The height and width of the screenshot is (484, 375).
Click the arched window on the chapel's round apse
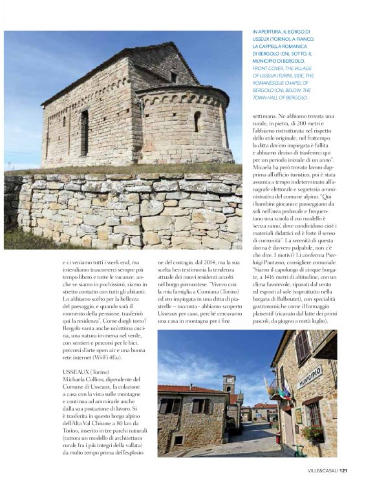coord(197,120)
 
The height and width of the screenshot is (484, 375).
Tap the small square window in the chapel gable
coord(173,77)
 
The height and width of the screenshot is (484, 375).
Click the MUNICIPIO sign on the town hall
coord(310,375)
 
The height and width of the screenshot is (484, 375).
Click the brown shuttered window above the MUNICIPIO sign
coord(302,346)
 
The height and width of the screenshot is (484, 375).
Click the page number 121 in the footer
coord(344,470)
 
